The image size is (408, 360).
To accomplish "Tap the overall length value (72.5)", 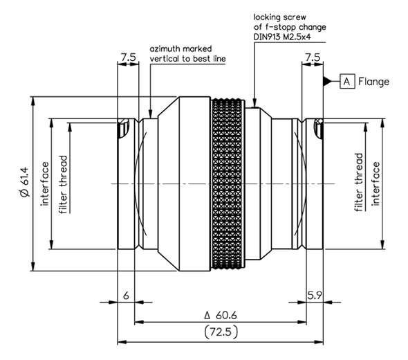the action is coord(221,332).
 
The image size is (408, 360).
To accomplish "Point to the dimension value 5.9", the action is coord(315,296).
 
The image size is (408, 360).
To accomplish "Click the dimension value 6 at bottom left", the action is coord(126,296).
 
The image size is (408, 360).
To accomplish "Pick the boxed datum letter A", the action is coord(347,82).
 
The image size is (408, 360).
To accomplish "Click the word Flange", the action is coord(373,82).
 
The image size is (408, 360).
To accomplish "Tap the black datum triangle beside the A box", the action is coord(328,81).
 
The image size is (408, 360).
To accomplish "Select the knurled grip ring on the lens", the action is coord(228,183).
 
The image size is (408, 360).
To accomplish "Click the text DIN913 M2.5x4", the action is coord(282,37).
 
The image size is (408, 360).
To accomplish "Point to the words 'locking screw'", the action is coord(279,17).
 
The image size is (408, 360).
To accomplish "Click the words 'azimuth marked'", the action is coord(180,48).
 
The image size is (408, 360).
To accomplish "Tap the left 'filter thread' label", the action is coord(64,184).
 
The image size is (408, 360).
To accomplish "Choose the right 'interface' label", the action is coord(375,184).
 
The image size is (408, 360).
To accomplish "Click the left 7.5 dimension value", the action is coord(129,57).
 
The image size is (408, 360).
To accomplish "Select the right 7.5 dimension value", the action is coord(313,57).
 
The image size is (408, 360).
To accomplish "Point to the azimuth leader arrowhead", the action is coord(150,114).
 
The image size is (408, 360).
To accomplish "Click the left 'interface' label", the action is coord(45,184).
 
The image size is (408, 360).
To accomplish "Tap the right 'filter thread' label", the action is coord(359,182).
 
